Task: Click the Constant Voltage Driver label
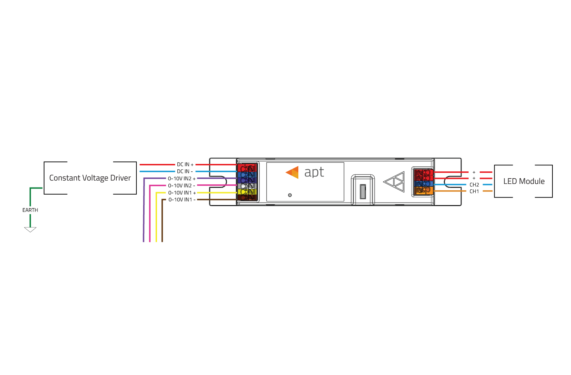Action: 90,178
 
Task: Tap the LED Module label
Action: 524,181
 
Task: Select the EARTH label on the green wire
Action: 30,210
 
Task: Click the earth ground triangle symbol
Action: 30,230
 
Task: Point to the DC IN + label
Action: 185,165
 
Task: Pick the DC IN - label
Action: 185,171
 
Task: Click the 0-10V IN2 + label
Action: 182,179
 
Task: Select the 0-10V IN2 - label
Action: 182,185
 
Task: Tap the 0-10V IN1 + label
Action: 182,192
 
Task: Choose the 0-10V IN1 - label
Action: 182,200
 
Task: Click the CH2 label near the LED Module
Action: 474,185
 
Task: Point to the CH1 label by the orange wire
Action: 474,191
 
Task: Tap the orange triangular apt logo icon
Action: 293,172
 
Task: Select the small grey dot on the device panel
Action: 290,195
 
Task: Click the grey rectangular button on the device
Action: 363,191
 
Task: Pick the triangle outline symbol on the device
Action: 394,182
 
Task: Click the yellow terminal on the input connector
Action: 247,191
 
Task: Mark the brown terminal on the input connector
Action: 247,197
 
